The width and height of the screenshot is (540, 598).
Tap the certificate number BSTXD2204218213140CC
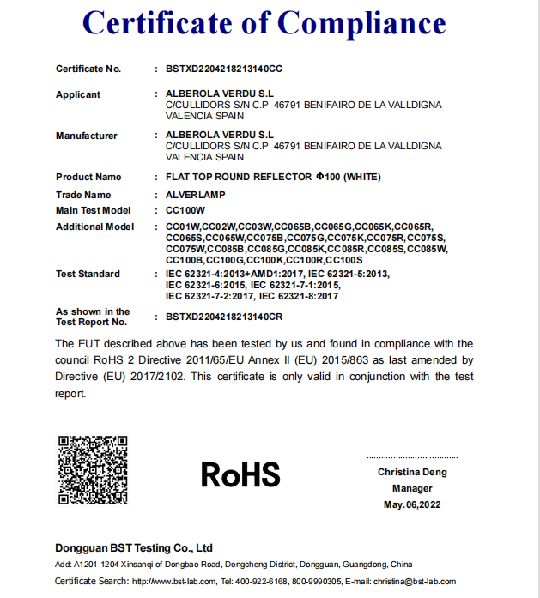(x=224, y=68)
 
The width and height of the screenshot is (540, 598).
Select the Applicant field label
(x=78, y=94)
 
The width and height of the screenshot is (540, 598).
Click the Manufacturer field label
(x=86, y=136)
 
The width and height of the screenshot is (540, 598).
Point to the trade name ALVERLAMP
(x=195, y=195)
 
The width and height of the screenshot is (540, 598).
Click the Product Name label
(x=88, y=177)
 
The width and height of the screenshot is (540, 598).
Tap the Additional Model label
(x=94, y=227)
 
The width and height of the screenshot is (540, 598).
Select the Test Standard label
(x=88, y=274)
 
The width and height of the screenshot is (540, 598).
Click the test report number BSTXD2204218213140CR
(x=224, y=317)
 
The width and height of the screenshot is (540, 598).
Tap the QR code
(x=93, y=470)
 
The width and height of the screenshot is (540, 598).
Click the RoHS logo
(x=240, y=474)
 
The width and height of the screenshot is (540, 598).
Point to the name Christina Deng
(x=412, y=472)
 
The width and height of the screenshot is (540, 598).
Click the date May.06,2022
(x=412, y=504)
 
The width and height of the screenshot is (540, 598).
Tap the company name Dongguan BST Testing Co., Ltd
(x=133, y=547)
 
